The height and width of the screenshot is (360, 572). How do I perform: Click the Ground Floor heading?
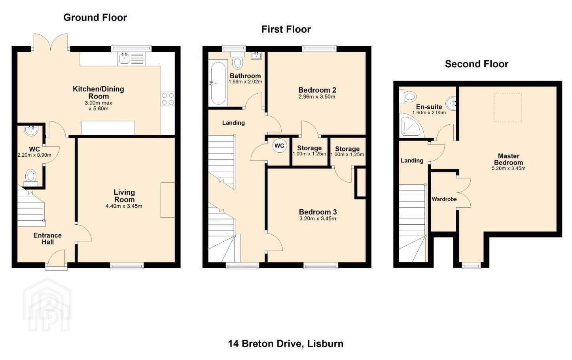pyautogui.click(x=95, y=18)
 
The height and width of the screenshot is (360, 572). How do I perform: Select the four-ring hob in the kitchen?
pyautogui.click(x=168, y=99)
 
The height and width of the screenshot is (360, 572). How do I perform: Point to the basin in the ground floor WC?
pyautogui.click(x=31, y=130)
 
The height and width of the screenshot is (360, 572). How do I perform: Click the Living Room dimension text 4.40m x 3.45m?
pyautogui.click(x=124, y=206)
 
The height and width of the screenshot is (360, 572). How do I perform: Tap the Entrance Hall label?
pyautogui.click(x=47, y=239)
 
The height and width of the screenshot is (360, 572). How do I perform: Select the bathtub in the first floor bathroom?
pyautogui.click(x=218, y=83)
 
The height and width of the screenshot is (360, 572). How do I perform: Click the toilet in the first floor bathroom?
pyautogui.click(x=238, y=60)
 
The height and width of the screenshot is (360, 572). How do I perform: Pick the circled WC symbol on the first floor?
pyautogui.click(x=279, y=146)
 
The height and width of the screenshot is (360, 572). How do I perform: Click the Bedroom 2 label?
pyautogui.click(x=317, y=90)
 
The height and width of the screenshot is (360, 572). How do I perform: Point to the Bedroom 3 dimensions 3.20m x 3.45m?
pyautogui.click(x=318, y=218)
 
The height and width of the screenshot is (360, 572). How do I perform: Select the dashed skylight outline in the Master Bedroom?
pyautogui.click(x=508, y=108)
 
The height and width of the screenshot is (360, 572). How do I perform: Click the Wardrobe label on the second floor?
pyautogui.click(x=444, y=199)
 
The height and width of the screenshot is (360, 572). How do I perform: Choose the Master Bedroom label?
pyautogui.click(x=508, y=159)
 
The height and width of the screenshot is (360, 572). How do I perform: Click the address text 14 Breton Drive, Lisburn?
pyautogui.click(x=286, y=344)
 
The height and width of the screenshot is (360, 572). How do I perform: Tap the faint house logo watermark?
pyautogui.click(x=47, y=305)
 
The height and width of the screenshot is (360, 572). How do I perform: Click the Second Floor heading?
pyautogui.click(x=477, y=64)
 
